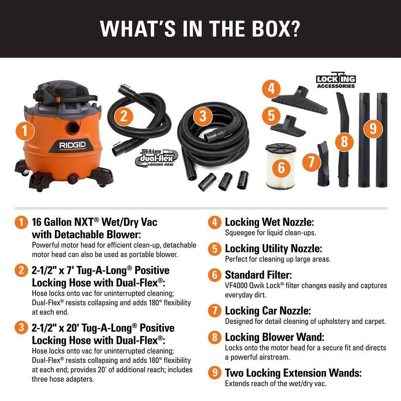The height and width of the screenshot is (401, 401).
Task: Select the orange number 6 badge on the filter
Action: click(281, 167)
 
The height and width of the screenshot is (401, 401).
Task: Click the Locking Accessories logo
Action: click(336, 81)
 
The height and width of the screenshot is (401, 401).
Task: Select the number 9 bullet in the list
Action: click(215, 373)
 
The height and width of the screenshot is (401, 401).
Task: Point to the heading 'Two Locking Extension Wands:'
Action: click(293, 373)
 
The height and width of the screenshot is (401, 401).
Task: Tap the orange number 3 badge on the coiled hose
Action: click(203, 116)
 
